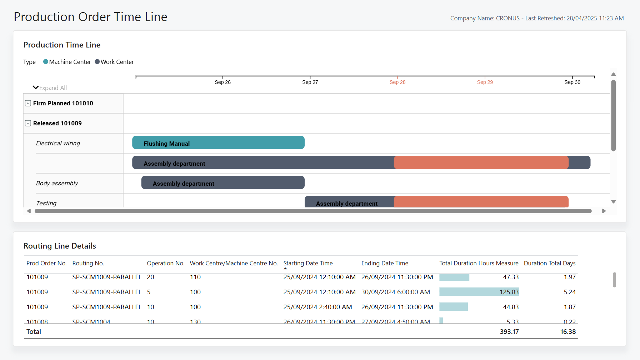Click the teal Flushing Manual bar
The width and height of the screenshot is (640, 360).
click(218, 143)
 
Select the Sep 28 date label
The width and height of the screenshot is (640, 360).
click(397, 82)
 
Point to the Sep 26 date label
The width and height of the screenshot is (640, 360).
click(222, 82)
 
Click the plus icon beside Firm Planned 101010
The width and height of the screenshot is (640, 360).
click(28, 103)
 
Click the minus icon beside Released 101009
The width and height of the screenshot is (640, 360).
click(28, 123)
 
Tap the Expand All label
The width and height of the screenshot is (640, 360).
click(52, 88)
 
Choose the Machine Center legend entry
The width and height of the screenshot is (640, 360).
click(67, 62)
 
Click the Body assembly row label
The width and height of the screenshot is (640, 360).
click(57, 183)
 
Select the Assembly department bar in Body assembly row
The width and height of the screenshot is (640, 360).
click(223, 183)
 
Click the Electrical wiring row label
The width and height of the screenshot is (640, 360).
click(58, 143)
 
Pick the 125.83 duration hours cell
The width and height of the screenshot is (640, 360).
click(509, 292)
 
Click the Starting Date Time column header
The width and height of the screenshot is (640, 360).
click(308, 263)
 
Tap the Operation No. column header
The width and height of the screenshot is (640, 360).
click(165, 263)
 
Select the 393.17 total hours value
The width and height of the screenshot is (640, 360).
click(509, 332)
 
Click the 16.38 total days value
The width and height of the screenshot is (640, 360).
click(567, 332)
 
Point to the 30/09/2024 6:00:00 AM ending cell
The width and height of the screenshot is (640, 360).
click(395, 292)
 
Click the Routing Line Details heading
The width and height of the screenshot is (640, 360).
click(60, 246)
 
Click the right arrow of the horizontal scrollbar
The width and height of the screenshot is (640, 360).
click(604, 211)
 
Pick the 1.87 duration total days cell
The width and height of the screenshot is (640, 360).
click(569, 307)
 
